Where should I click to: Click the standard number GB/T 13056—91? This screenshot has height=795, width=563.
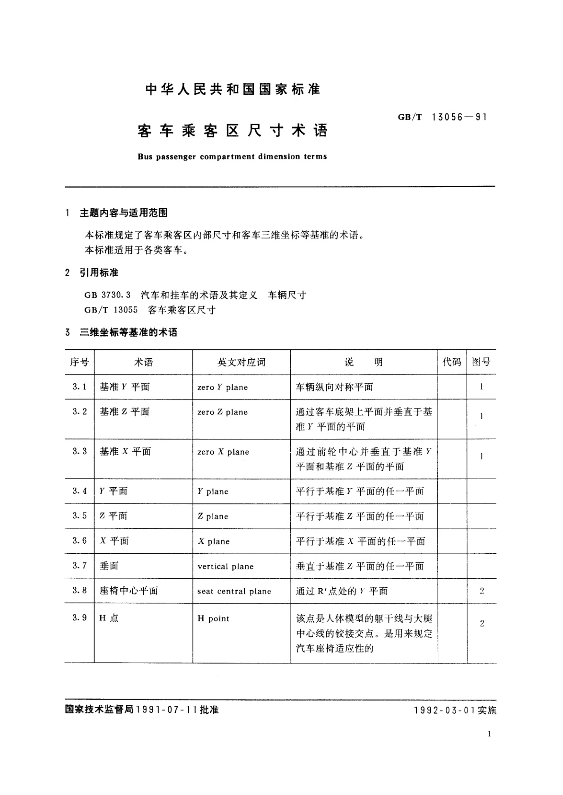[442, 117]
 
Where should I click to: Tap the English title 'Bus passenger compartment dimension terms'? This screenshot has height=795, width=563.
[232, 157]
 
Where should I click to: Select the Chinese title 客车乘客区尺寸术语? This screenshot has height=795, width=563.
[233, 131]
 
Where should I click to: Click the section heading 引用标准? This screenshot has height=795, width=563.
[99, 272]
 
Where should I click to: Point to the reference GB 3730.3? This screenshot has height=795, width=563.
[104, 295]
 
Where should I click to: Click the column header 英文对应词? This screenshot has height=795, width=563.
[241, 362]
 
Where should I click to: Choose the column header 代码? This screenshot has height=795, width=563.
[451, 362]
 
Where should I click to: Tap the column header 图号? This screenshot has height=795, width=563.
[481, 362]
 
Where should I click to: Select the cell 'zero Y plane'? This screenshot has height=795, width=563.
[223, 387]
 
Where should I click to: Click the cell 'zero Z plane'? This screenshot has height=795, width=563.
[223, 412]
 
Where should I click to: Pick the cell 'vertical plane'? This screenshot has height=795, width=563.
[225, 567]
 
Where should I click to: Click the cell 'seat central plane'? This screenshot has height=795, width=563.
[234, 591]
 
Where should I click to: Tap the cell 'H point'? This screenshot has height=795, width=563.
[213, 618]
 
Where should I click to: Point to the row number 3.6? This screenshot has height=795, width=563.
[79, 541]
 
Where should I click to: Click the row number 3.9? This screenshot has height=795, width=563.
[79, 618]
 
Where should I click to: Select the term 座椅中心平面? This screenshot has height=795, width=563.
[129, 591]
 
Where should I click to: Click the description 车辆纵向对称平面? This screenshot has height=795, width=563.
[334, 387]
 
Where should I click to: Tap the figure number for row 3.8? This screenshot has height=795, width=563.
[482, 591]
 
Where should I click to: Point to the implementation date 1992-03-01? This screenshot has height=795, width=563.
[444, 710]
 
